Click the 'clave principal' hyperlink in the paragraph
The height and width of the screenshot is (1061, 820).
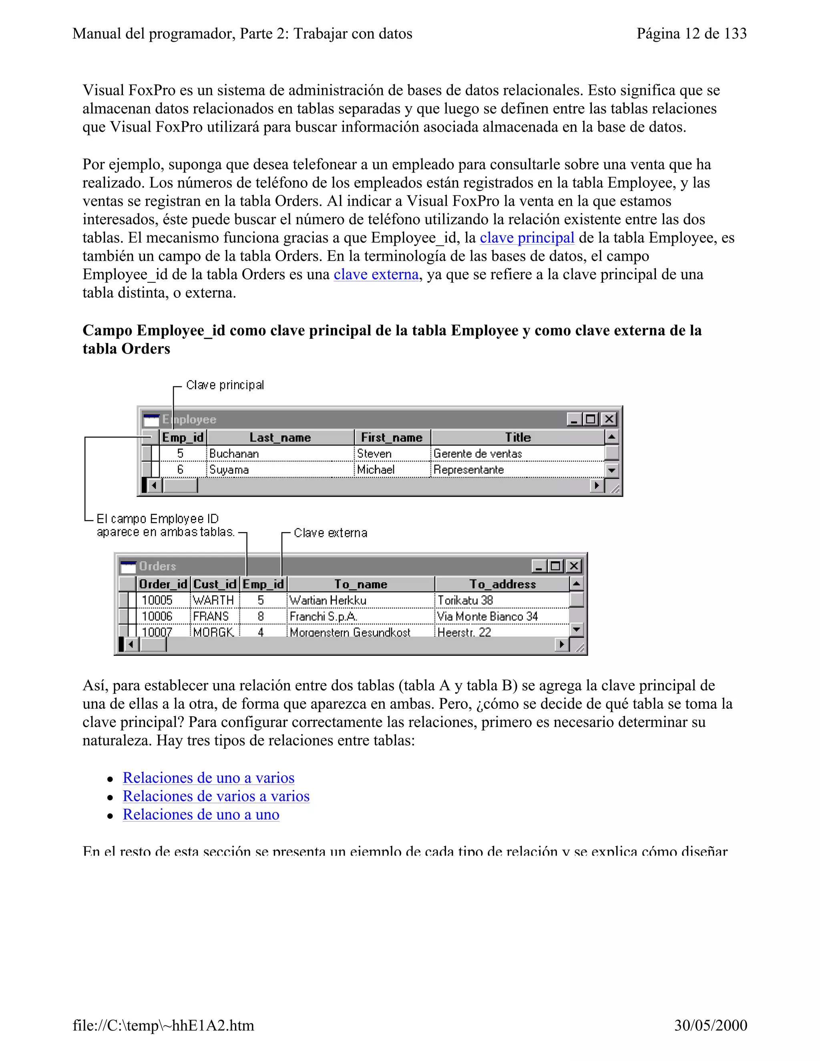527,238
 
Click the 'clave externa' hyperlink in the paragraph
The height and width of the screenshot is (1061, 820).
376,275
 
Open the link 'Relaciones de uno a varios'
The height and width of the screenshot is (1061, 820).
208,778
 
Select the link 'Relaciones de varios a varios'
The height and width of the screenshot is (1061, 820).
216,796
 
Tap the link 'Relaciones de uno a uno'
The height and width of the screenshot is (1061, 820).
201,815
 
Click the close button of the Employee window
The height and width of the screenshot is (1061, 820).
609,419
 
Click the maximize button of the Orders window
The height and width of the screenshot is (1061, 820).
556,566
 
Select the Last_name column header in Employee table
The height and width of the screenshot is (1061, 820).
280,437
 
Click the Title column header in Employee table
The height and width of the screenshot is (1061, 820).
517,437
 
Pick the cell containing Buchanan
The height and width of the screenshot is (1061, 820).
234,454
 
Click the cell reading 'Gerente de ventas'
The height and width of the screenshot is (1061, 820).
478,454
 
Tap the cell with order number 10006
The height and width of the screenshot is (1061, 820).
157,617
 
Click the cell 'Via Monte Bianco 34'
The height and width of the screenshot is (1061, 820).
487,617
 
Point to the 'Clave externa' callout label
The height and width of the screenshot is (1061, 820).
330,533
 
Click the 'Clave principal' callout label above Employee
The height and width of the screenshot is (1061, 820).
225,385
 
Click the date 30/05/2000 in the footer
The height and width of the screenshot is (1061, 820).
710,1025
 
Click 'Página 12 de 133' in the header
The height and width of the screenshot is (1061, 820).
691,34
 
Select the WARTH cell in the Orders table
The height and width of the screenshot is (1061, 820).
213,601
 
